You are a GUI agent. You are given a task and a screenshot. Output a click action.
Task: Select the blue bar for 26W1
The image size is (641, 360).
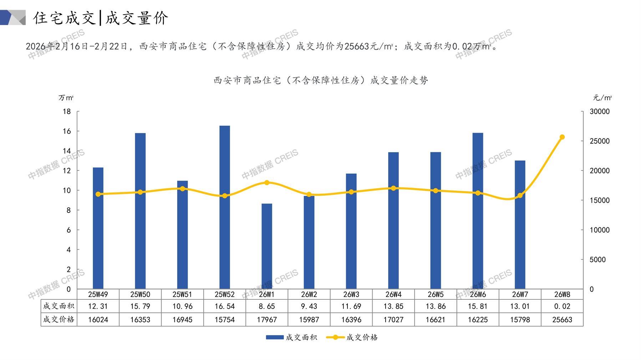266,246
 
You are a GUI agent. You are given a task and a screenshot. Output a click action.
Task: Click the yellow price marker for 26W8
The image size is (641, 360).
562,137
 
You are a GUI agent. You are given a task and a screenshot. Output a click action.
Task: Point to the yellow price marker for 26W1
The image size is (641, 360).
266,182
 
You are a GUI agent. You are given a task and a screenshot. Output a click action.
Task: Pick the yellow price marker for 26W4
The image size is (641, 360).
393,188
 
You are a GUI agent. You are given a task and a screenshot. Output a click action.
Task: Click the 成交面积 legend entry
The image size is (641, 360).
291,337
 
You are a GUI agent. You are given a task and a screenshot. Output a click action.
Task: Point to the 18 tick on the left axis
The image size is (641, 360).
67,112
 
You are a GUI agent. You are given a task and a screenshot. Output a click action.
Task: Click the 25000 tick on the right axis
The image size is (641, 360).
600,141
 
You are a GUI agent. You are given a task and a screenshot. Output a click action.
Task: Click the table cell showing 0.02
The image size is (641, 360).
562,306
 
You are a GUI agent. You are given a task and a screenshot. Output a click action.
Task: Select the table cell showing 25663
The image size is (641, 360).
562,320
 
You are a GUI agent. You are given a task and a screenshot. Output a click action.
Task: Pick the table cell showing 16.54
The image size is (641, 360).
224,306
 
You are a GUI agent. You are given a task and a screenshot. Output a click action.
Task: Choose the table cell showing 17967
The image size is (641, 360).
266,320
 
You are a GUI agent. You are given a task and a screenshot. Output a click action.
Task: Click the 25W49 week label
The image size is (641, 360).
98,294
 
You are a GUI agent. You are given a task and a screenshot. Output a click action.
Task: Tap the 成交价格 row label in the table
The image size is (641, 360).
59,319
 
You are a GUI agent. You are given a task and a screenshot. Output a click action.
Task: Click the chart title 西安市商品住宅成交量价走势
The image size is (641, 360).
321,81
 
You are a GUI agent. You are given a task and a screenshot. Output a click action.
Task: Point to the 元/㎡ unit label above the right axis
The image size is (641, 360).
602,98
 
